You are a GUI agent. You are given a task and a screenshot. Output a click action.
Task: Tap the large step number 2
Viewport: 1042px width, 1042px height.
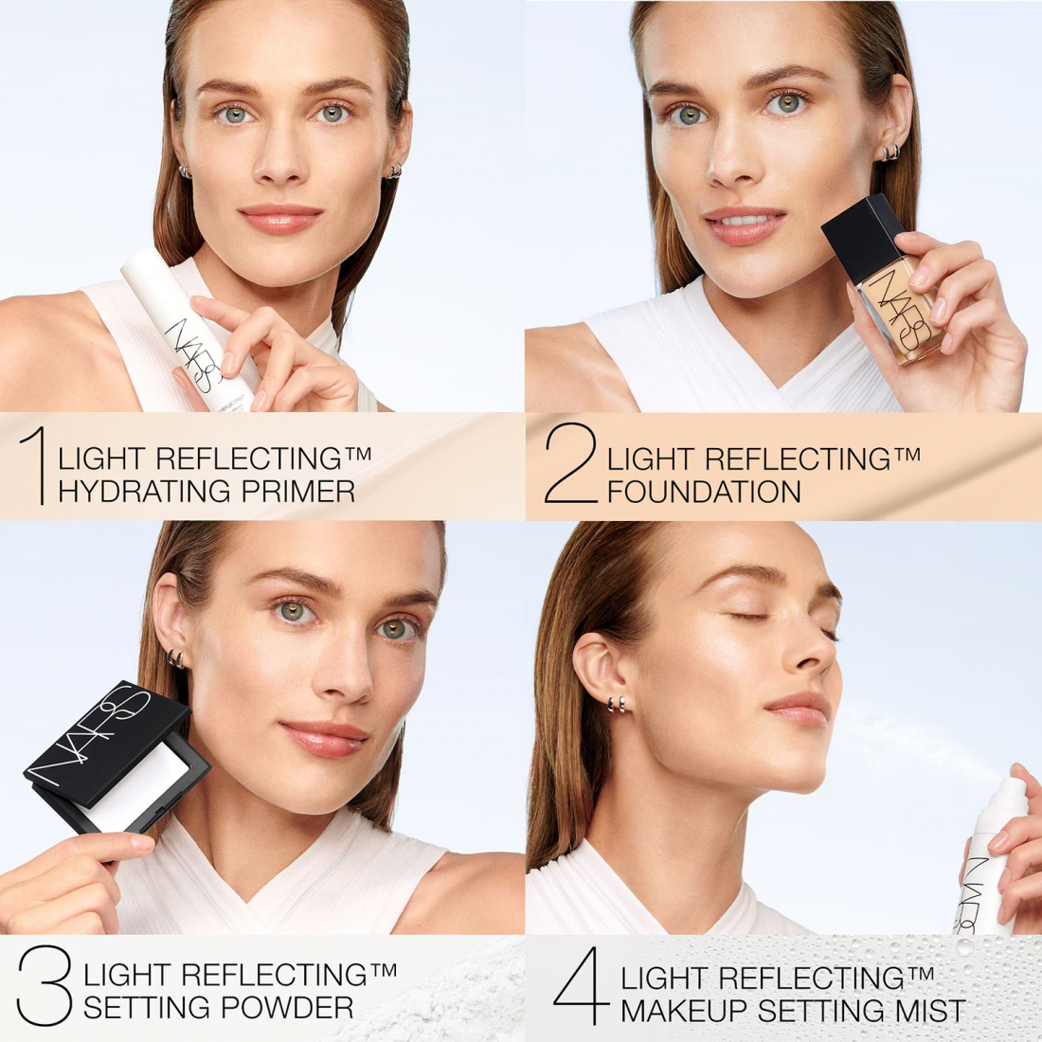(x=571, y=463)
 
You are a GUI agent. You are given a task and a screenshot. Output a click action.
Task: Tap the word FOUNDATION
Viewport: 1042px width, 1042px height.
(x=704, y=492)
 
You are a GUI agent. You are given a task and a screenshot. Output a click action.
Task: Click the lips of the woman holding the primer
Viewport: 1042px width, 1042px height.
(x=280, y=219)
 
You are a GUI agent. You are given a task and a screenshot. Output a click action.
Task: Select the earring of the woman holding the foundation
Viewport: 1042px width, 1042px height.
(x=890, y=153)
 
